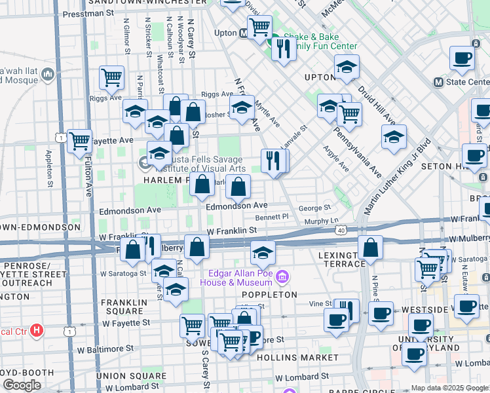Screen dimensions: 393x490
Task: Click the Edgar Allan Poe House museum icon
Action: [x=282, y=278]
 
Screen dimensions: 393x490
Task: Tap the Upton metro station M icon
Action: [x=243, y=32]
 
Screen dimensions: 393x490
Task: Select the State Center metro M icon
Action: [x=439, y=83]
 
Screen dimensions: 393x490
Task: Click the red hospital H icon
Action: [x=37, y=331]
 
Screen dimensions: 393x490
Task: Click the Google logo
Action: [x=22, y=385]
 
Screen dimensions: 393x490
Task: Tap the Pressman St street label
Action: [x=92, y=12]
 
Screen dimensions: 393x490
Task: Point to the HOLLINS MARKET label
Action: [x=297, y=358]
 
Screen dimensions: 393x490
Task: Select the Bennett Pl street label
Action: [x=272, y=216]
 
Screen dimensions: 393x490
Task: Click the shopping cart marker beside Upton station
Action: [x=259, y=28]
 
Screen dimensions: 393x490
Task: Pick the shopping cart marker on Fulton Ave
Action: [x=79, y=140]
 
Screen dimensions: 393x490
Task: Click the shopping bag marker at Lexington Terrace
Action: [x=370, y=248]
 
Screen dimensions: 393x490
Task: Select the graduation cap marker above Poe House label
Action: [x=262, y=252]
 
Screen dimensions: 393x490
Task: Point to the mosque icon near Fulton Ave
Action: [x=47, y=75]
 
